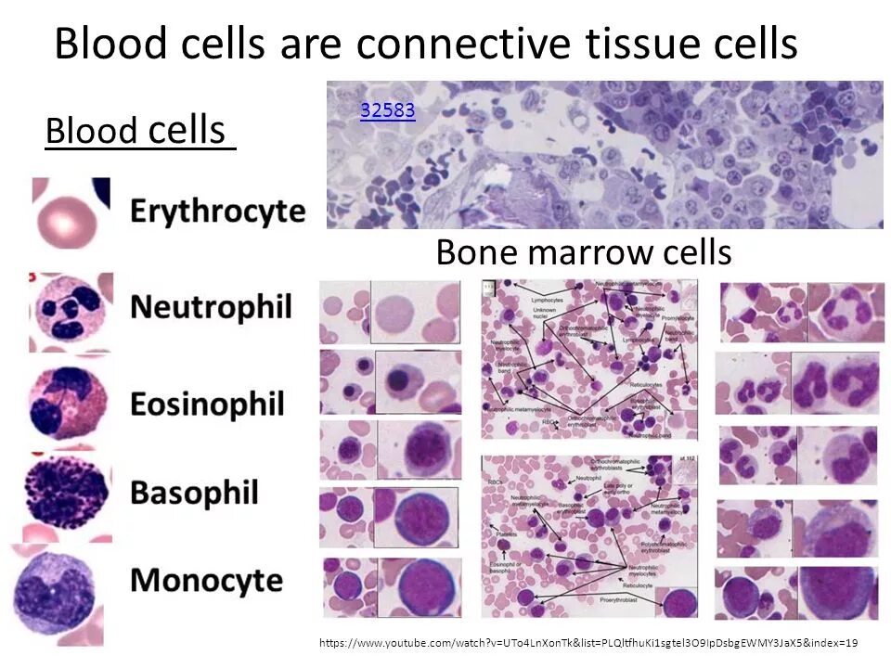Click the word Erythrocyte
pos(217,212)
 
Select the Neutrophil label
pos(211,306)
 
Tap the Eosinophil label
pos(207,405)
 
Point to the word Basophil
pos(193,493)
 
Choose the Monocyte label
pos(206,581)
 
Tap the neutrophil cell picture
pos(71,312)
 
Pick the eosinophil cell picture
pos(69,405)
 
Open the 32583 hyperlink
pos(387,111)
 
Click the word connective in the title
pos(457,44)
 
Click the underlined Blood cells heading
pos(139,132)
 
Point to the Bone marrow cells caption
pos(583,252)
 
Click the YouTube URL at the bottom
pos(588,643)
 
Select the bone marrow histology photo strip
pos(604,155)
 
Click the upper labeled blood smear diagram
pos(589,359)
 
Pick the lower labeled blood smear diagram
pos(589,536)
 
